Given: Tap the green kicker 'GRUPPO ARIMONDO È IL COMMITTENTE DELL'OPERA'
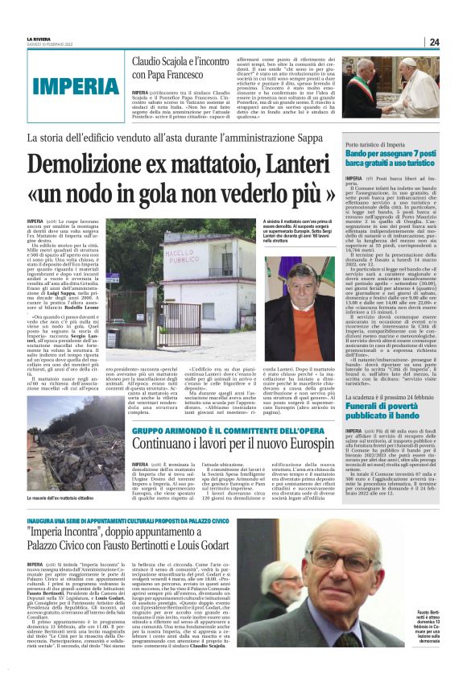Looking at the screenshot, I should coord(225,428).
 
